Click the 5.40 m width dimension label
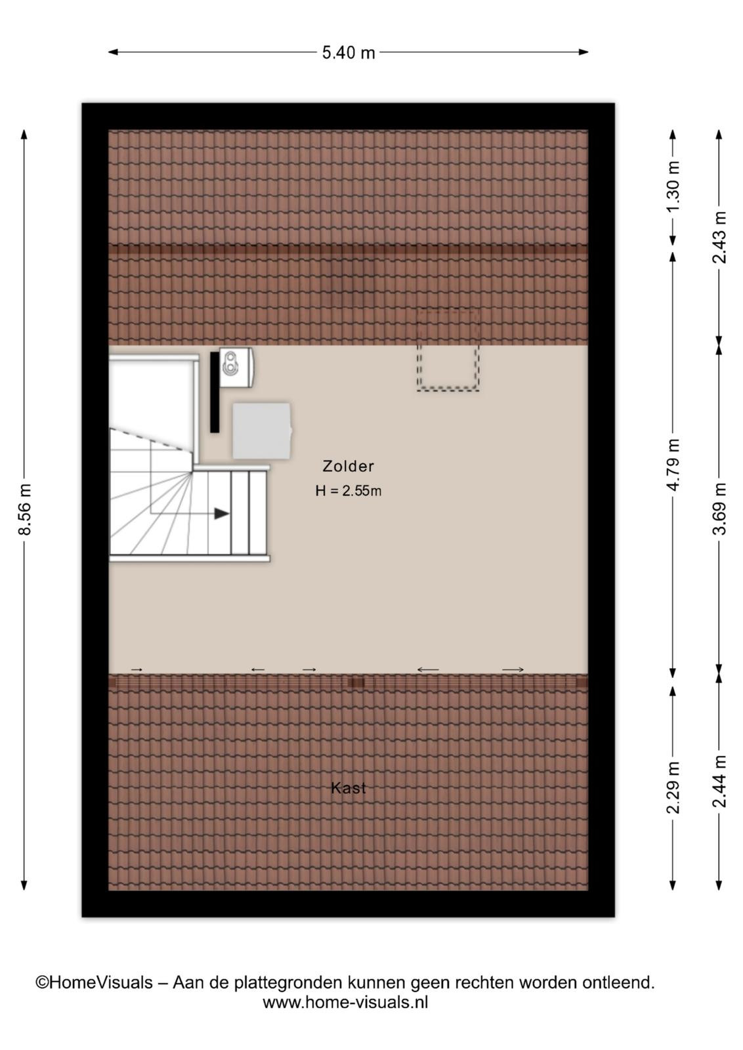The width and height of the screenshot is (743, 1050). point(349,52)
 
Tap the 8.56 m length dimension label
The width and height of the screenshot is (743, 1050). point(24,510)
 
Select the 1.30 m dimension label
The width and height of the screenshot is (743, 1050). point(673,186)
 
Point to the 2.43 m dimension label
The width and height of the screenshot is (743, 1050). point(719,238)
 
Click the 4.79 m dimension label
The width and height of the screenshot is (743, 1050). point(673,465)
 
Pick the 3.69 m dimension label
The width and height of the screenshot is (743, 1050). point(719,509)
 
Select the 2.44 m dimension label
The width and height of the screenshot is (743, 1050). point(719,782)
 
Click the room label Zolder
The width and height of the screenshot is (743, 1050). point(349,466)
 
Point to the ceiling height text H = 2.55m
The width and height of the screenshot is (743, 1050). point(349,491)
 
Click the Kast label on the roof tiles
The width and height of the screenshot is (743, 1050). point(349,788)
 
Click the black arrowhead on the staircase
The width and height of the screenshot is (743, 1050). point(222,514)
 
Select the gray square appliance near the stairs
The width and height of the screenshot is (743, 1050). point(262,430)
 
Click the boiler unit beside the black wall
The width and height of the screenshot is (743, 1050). point(237,368)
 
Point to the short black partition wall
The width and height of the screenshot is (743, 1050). point(215,392)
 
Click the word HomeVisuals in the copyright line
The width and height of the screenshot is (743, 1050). point(101,982)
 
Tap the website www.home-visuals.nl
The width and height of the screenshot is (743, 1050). point(345,1003)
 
